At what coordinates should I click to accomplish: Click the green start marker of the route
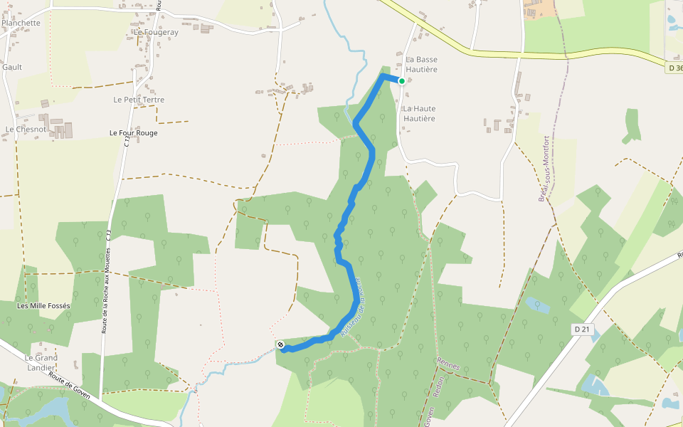coord(402,81)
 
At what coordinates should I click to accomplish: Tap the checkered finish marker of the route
coord(282,345)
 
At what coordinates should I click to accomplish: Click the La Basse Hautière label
coord(422,64)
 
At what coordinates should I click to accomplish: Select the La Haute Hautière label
coord(419,113)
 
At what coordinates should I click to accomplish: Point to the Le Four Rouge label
coord(134,133)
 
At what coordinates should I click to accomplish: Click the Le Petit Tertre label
coord(139,100)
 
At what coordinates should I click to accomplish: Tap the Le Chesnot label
coord(26,130)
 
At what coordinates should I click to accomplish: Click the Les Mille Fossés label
coord(43,306)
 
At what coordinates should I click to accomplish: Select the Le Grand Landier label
coord(41,362)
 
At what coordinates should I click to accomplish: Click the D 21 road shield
coord(582,329)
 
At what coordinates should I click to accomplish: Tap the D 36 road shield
coord(675,68)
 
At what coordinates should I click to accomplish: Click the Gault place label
coord(12,67)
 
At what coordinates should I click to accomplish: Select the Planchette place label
coord(21,23)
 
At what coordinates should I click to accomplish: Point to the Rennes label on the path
coord(450,366)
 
